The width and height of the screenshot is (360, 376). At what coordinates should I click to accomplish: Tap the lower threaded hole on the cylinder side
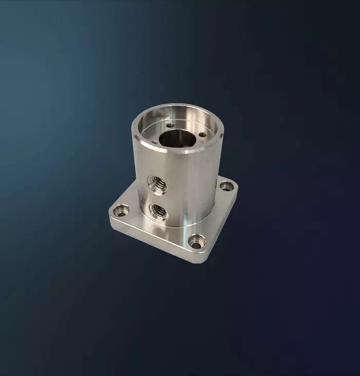point(157,211)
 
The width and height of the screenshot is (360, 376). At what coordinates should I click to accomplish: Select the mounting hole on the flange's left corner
point(121,210)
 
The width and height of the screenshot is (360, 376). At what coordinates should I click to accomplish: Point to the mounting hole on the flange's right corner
point(226,186)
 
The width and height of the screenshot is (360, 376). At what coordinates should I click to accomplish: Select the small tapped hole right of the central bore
point(202,135)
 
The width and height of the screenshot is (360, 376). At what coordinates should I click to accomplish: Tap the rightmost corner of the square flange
point(236,187)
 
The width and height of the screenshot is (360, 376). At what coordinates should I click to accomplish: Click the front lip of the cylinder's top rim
point(175,151)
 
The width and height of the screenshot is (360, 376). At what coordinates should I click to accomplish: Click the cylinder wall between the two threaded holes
point(157,197)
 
